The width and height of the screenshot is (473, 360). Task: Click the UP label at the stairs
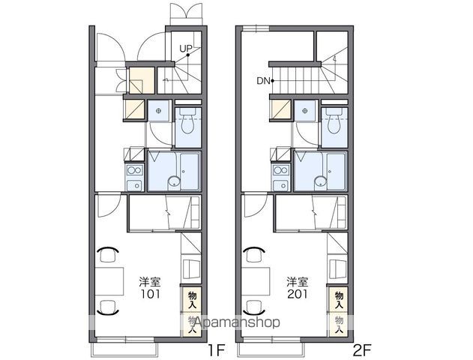click(x=186, y=48)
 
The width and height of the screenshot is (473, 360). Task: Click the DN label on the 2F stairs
click(x=263, y=81)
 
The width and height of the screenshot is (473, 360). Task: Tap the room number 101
click(x=151, y=294)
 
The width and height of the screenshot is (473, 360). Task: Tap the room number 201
click(x=298, y=294)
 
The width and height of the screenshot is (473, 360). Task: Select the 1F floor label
click(x=217, y=350)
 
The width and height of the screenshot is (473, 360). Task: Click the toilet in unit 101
click(x=187, y=121)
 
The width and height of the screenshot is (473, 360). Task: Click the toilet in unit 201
click(x=334, y=121)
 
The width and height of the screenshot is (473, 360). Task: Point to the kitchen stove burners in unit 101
click(x=134, y=170)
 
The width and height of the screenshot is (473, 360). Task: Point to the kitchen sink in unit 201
click(x=281, y=185)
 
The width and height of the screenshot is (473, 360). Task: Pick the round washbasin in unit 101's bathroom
click(x=174, y=181)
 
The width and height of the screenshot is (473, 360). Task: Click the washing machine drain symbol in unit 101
click(x=159, y=111)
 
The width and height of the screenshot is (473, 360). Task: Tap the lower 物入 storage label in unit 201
click(x=339, y=325)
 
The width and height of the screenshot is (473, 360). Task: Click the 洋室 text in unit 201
click(x=298, y=282)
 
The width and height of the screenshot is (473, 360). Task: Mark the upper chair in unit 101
click(x=107, y=255)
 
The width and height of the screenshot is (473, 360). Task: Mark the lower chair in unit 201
click(x=254, y=307)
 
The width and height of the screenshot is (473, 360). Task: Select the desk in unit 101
click(x=109, y=281)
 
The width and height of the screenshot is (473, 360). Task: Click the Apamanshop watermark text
click(x=238, y=322)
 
